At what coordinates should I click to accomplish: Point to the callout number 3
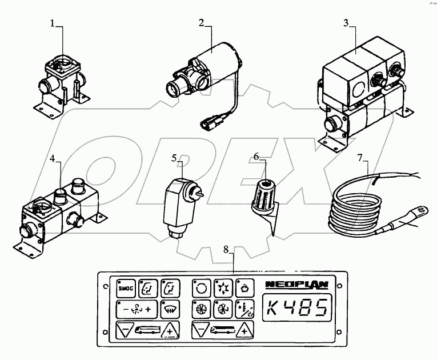[x=346, y=23]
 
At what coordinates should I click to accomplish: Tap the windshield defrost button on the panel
[x=170, y=309]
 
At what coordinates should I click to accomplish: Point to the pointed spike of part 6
[x=273, y=227]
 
